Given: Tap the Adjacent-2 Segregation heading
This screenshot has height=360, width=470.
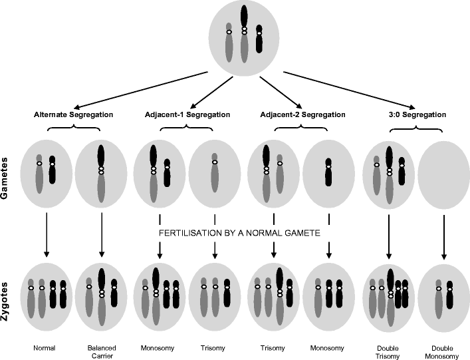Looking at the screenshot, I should point(297,114).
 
